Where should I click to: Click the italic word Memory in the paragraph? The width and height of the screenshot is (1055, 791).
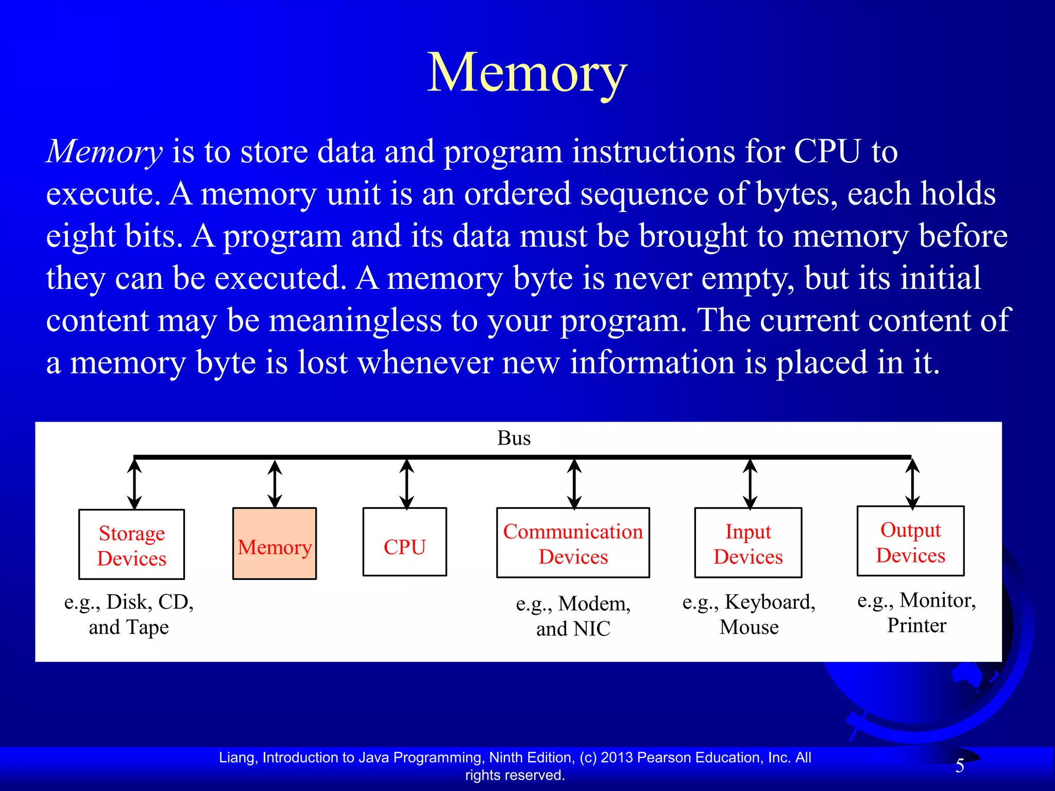coord(105,152)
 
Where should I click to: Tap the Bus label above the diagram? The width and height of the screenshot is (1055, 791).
coord(514,438)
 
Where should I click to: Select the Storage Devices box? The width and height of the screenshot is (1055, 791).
coord(131,545)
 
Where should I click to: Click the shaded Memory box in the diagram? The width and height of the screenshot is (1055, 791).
coord(275,544)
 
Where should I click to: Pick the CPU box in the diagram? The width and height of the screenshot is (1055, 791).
coord(404,542)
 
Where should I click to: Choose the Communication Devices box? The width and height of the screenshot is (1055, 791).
coord(573,543)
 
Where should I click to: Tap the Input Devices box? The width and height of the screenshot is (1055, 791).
coord(748,543)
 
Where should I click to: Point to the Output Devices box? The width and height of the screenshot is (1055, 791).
coord(910,542)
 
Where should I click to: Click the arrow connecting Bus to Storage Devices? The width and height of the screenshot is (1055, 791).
coord(134,484)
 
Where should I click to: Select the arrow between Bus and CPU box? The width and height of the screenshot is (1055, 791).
coord(407,484)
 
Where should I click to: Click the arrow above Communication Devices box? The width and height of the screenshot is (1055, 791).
coord(574,484)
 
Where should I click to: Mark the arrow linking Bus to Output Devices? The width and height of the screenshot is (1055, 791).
coord(912,484)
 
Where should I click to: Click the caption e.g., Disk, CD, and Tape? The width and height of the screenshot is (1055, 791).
coord(129,614)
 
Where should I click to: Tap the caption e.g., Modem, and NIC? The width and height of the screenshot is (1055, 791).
coord(573,616)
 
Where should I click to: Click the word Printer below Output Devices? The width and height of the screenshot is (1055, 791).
coord(916,626)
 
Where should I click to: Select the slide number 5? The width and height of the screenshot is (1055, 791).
coord(960,766)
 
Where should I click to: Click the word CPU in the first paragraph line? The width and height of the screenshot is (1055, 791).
coord(827,152)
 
